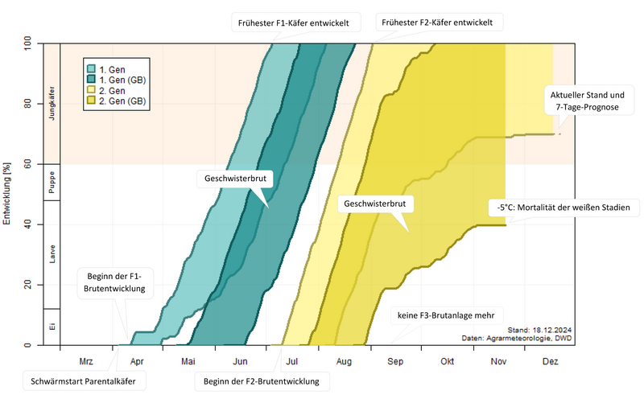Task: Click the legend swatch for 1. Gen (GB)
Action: click(93, 80)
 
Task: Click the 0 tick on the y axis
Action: click(32, 346)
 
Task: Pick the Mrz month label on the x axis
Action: click(86, 362)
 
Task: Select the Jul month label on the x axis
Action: click(291, 362)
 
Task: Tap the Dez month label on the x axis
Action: click(550, 362)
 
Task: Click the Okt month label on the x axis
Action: click(447, 362)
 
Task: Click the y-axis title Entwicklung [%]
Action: click(8, 193)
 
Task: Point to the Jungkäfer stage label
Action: click(52, 103)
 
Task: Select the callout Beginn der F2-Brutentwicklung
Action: click(262, 380)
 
